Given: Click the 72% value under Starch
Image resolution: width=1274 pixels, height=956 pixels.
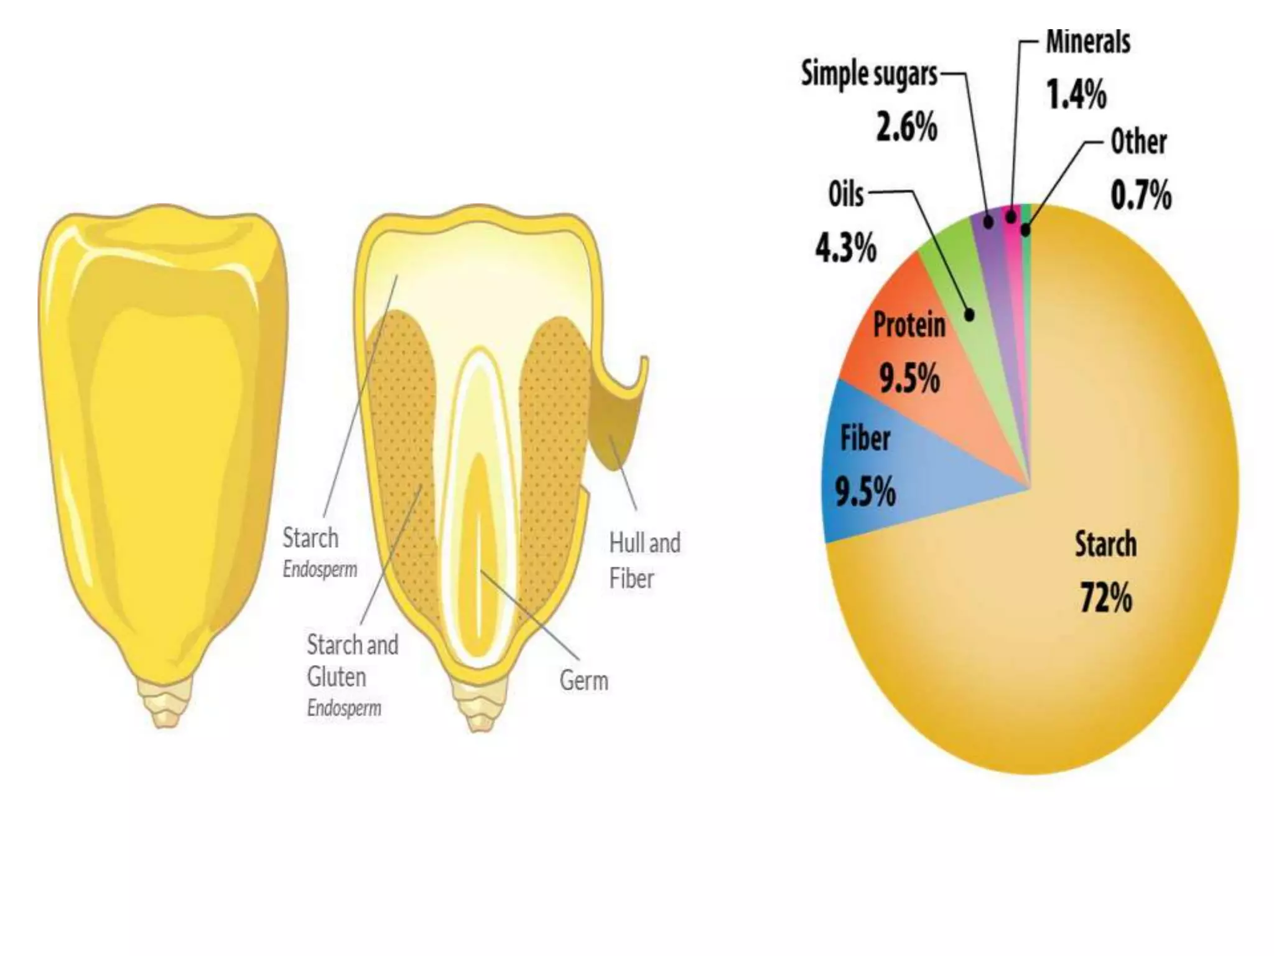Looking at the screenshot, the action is point(1106,598).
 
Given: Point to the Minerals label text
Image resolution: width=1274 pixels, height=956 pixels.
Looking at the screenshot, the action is point(1088,42).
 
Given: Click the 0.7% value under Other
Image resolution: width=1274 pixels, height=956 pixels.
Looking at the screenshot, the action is point(1141,195).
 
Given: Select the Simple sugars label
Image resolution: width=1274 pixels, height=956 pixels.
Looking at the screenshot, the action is point(869,74).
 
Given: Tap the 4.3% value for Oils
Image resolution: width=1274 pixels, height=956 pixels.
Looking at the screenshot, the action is point(846,248).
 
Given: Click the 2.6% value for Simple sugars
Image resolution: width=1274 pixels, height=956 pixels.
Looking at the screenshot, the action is point(906,128).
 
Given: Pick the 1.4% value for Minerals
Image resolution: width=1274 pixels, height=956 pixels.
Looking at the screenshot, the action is point(1076,95).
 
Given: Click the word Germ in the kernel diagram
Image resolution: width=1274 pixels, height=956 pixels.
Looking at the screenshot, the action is point(584,680).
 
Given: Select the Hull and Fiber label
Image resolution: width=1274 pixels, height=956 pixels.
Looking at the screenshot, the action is point(644,560).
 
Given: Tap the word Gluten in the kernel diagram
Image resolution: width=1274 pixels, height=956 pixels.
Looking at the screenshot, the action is point(336,677).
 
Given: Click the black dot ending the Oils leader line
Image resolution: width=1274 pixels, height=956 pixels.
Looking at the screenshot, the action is point(969,314).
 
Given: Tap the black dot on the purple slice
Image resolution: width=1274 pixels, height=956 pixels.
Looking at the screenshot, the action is point(988,221).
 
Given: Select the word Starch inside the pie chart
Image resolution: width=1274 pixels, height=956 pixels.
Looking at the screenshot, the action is point(1105,545).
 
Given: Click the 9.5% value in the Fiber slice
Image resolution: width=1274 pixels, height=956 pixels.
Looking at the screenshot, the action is point(865,492).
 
